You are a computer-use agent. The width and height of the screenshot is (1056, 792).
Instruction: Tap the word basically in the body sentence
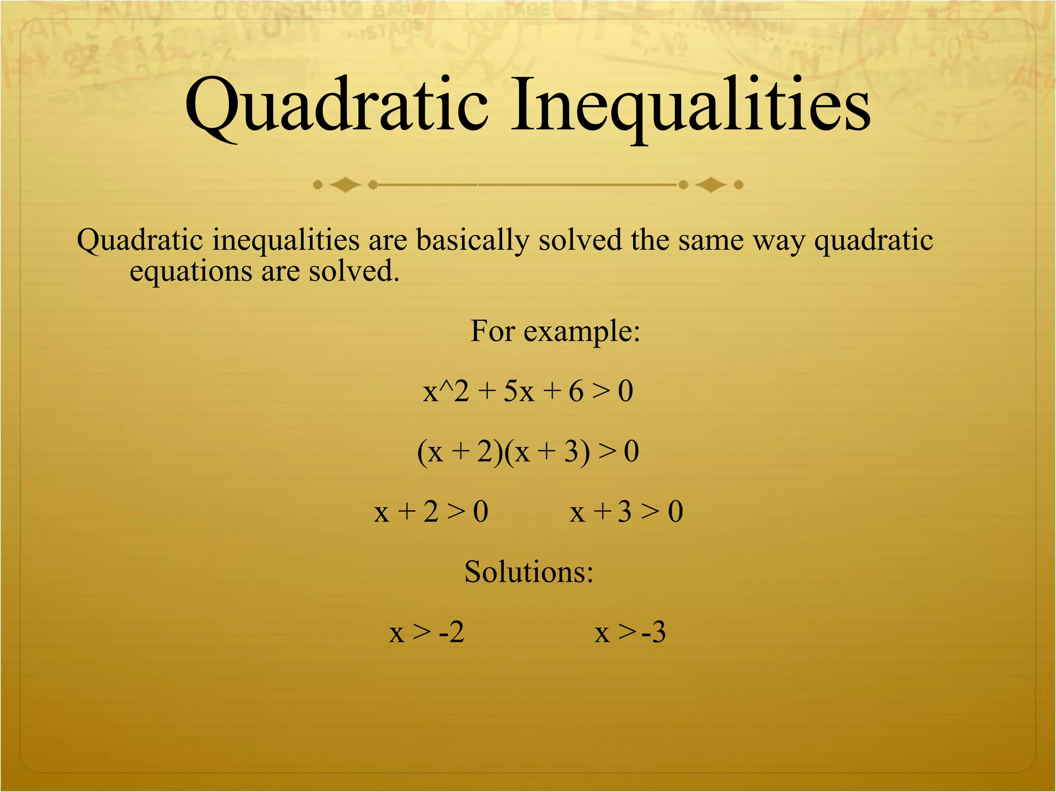point(472,240)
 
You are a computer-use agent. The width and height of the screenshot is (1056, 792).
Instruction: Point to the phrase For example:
point(555,331)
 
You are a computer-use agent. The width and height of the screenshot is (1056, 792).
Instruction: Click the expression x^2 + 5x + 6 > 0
point(527,391)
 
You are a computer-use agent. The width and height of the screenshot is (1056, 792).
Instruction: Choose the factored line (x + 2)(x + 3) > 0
point(527,452)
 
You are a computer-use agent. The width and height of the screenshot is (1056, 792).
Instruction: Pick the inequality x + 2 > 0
point(431,512)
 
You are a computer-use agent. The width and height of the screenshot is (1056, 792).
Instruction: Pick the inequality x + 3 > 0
point(626,512)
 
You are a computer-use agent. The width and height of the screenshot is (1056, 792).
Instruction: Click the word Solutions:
point(529,572)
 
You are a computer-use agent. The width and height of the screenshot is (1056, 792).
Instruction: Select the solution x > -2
point(426,632)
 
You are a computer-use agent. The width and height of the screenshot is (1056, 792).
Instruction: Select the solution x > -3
point(630,632)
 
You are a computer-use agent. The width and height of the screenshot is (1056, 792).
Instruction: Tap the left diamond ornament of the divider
point(345,185)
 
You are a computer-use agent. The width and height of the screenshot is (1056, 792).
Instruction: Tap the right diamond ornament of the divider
point(711,185)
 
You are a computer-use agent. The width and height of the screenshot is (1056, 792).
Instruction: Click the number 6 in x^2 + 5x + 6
point(575,391)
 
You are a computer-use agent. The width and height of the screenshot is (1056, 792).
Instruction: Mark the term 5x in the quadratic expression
point(518,391)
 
